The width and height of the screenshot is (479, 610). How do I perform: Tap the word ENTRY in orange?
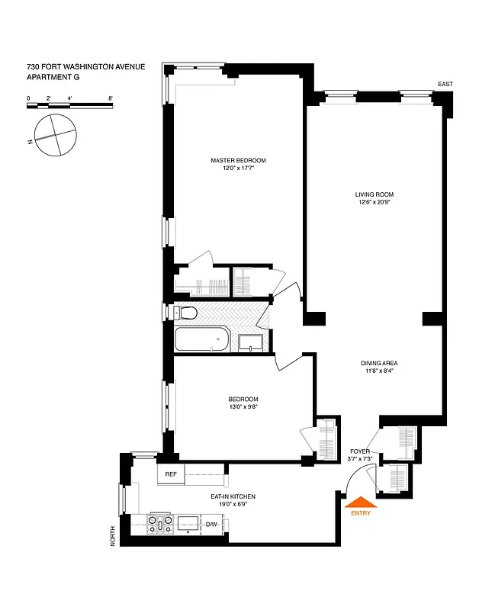361,514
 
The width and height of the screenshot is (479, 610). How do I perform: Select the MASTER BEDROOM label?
239,160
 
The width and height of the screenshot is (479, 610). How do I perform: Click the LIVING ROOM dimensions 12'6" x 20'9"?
374,203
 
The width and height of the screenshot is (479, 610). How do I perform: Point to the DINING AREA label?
379,363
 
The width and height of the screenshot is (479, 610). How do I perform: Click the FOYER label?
359,451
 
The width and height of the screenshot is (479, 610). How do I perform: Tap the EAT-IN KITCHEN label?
233,496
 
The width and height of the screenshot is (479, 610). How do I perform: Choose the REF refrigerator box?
171,474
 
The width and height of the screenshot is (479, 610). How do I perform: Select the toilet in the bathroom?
185,313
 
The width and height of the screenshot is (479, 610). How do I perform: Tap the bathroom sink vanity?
250,342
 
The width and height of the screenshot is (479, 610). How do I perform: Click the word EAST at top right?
446,84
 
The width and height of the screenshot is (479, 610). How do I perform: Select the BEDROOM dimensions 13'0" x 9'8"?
243,407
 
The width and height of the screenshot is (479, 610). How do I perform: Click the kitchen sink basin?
188,523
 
